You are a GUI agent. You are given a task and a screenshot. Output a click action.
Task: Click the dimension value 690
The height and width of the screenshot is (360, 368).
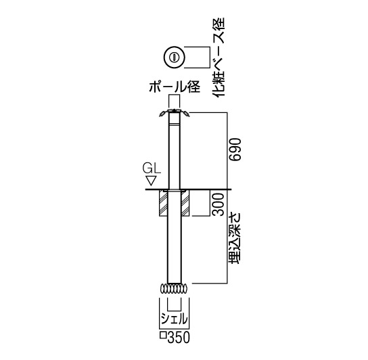click(235, 150)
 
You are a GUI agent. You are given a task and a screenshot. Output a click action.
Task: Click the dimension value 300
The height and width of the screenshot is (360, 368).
click(218, 204)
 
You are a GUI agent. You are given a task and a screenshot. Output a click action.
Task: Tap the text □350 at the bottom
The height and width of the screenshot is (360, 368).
click(175, 337)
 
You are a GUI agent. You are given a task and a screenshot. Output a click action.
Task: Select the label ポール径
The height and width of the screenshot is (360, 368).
click(175, 87)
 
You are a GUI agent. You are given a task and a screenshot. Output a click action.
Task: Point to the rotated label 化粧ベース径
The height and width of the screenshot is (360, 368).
click(218, 57)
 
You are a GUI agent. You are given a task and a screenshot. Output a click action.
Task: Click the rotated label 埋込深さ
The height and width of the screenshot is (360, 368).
click(235, 238)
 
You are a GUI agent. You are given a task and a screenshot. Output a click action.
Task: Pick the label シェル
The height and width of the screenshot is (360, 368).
click(175, 319)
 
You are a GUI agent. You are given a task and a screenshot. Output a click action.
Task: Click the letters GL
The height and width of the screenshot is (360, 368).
click(152, 168)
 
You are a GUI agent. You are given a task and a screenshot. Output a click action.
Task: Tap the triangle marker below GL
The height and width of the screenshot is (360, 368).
click(151, 181)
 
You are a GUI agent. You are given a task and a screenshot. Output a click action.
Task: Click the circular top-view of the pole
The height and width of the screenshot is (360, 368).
click(175, 58)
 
